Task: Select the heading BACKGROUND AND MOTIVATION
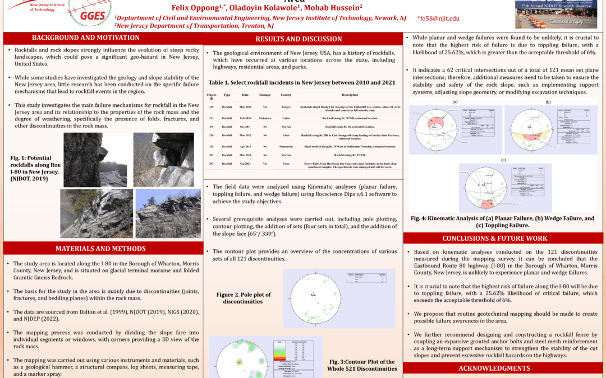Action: (x=86, y=38)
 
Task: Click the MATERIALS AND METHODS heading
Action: (x=101, y=248)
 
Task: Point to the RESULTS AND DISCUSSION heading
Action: (x=302, y=39)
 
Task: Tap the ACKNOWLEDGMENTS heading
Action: (x=494, y=368)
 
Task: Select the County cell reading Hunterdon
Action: (x=286, y=146)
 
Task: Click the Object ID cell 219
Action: (x=212, y=106)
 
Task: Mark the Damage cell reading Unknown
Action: (x=265, y=118)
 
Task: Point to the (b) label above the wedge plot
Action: (x=548, y=102)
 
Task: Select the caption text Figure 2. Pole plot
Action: (x=243, y=297)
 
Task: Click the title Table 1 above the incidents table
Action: (x=302, y=82)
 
